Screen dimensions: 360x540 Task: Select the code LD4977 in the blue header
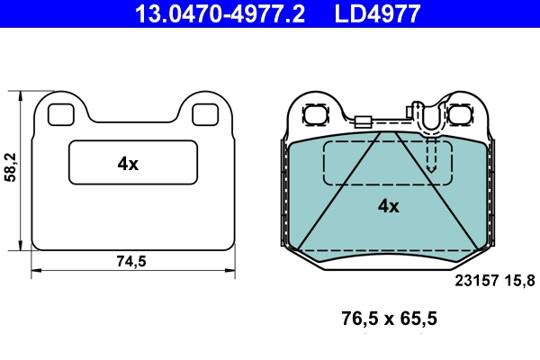pos(377,13)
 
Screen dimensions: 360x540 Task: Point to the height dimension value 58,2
pos(11,167)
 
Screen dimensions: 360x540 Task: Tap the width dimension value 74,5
pos(131,262)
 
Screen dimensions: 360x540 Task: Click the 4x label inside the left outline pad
pos(128,164)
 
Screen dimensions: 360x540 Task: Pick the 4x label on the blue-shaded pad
pos(388,206)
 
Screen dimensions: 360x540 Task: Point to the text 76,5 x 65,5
pos(389,318)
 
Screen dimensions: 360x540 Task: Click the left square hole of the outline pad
pos(60,114)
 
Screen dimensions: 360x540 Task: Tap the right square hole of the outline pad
pos(206,114)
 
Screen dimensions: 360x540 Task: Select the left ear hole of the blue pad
pos(316,115)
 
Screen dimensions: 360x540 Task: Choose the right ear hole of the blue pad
pos(462,115)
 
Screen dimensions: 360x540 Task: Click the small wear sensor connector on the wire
pos(364,123)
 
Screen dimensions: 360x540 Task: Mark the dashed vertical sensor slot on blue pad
pos(432,155)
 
